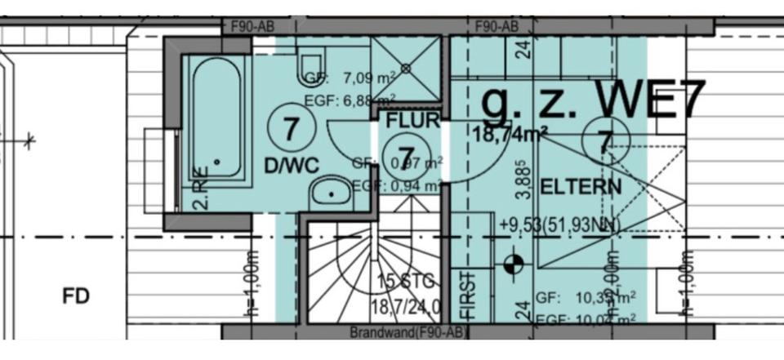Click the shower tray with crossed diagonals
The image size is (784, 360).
click(405, 68)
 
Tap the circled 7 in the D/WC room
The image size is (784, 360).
click(290, 127)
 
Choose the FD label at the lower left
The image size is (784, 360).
click(76, 295)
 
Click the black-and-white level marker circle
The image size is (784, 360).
click(514, 263)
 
